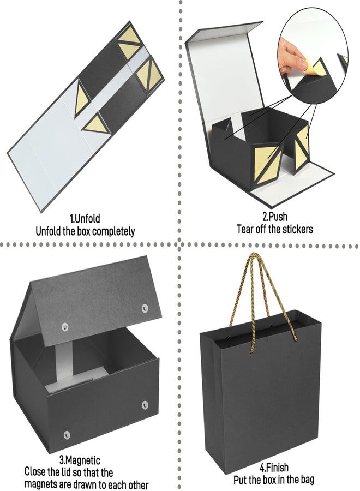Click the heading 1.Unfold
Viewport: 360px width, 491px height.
tap(85, 218)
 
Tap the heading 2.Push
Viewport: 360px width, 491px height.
tap(274, 217)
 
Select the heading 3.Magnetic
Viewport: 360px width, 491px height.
tap(80, 460)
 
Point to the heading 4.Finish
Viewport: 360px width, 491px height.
tap(274, 468)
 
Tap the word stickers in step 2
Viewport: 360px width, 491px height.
tap(298, 229)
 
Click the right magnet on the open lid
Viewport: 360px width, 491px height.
tap(145, 308)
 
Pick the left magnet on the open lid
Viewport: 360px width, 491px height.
tap(65, 327)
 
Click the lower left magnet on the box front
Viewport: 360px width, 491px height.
tap(67, 435)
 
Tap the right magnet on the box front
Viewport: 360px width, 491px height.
tap(145, 405)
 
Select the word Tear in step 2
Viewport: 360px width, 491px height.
tap(244, 229)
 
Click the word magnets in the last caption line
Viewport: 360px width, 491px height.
tap(41, 483)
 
